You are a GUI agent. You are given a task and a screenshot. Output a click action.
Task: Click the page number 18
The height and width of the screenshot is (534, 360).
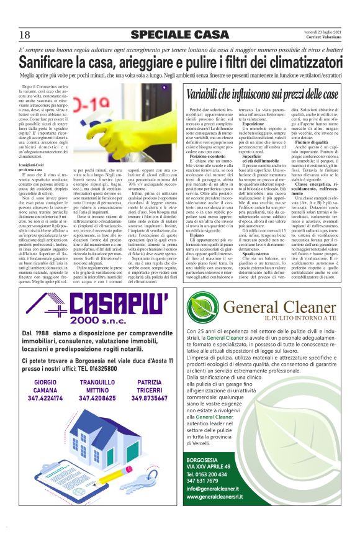tap(25, 34)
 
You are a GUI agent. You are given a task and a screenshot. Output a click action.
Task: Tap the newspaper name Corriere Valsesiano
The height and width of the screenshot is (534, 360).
tap(322, 38)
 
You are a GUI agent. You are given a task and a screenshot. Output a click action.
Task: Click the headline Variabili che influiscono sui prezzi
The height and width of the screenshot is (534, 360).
tap(263, 94)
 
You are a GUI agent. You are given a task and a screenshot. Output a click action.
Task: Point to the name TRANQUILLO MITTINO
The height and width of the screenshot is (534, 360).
tap(97, 386)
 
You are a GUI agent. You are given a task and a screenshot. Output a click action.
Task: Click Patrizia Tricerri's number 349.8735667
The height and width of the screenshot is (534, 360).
tap(150, 399)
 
